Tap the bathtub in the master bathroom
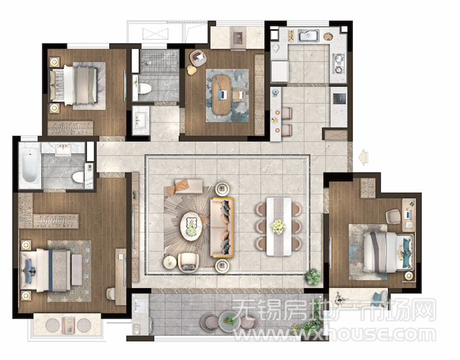click(x=30, y=165)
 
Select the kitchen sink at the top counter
click(x=308, y=36)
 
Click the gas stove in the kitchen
click(x=338, y=64)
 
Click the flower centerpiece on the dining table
click(x=278, y=227)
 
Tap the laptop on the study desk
click(x=223, y=94)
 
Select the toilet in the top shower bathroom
click(x=144, y=89)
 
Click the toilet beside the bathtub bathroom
click(x=78, y=177)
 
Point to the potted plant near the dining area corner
click(x=312, y=277)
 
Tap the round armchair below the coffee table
click(x=189, y=262)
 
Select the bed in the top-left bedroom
click(x=74, y=85)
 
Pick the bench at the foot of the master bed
click(x=77, y=270)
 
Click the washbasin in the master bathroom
click(x=63, y=150)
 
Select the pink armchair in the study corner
click(x=198, y=58)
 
